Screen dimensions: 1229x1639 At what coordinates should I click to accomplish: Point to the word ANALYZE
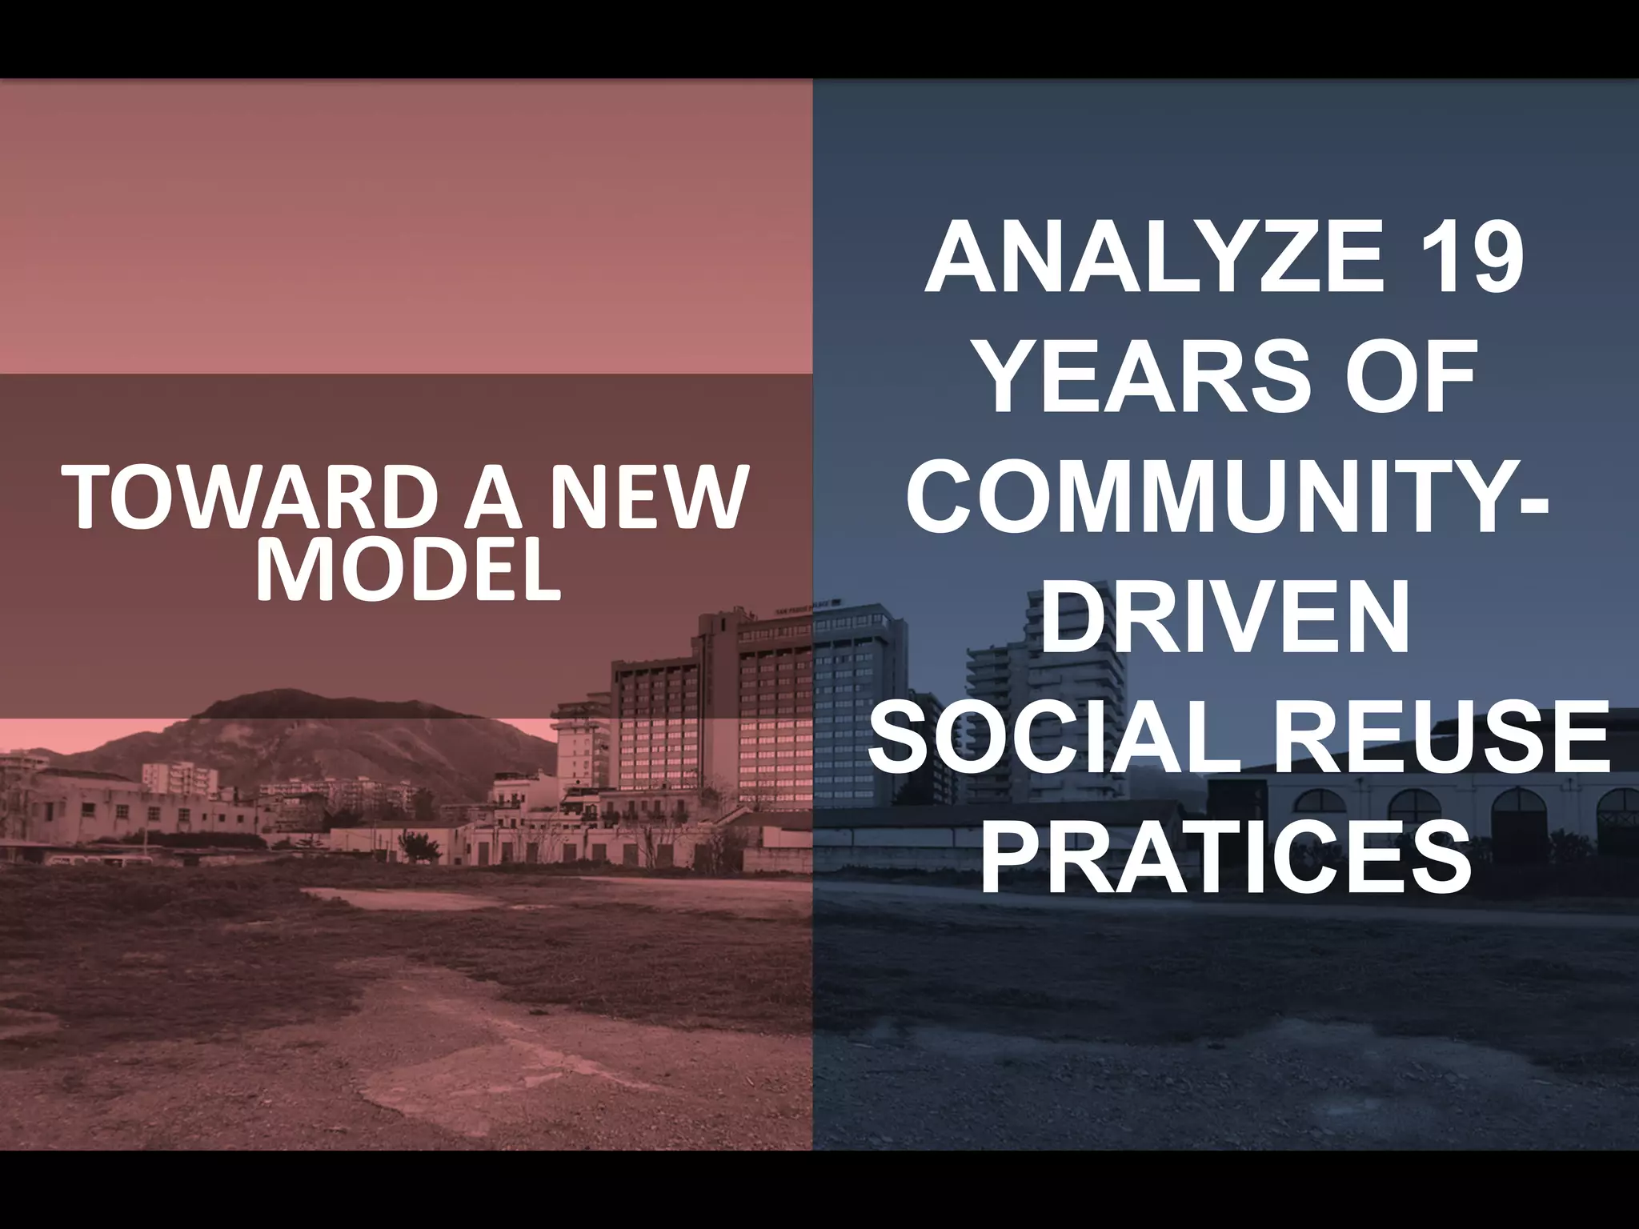[1152, 260]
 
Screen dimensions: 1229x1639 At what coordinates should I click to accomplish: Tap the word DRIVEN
[1225, 625]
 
